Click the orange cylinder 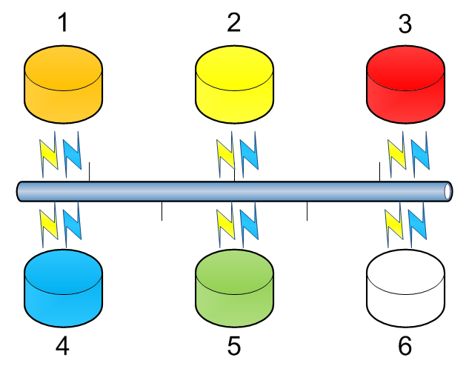click(63, 83)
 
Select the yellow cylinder click(234, 83)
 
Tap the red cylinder click(406, 83)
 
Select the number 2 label click(234, 24)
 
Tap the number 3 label click(405, 24)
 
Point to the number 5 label click(234, 346)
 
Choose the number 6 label click(405, 346)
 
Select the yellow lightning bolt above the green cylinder click(224, 227)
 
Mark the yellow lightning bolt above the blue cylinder click(49, 227)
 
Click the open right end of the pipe click(448, 190)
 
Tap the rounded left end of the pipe click(20, 190)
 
